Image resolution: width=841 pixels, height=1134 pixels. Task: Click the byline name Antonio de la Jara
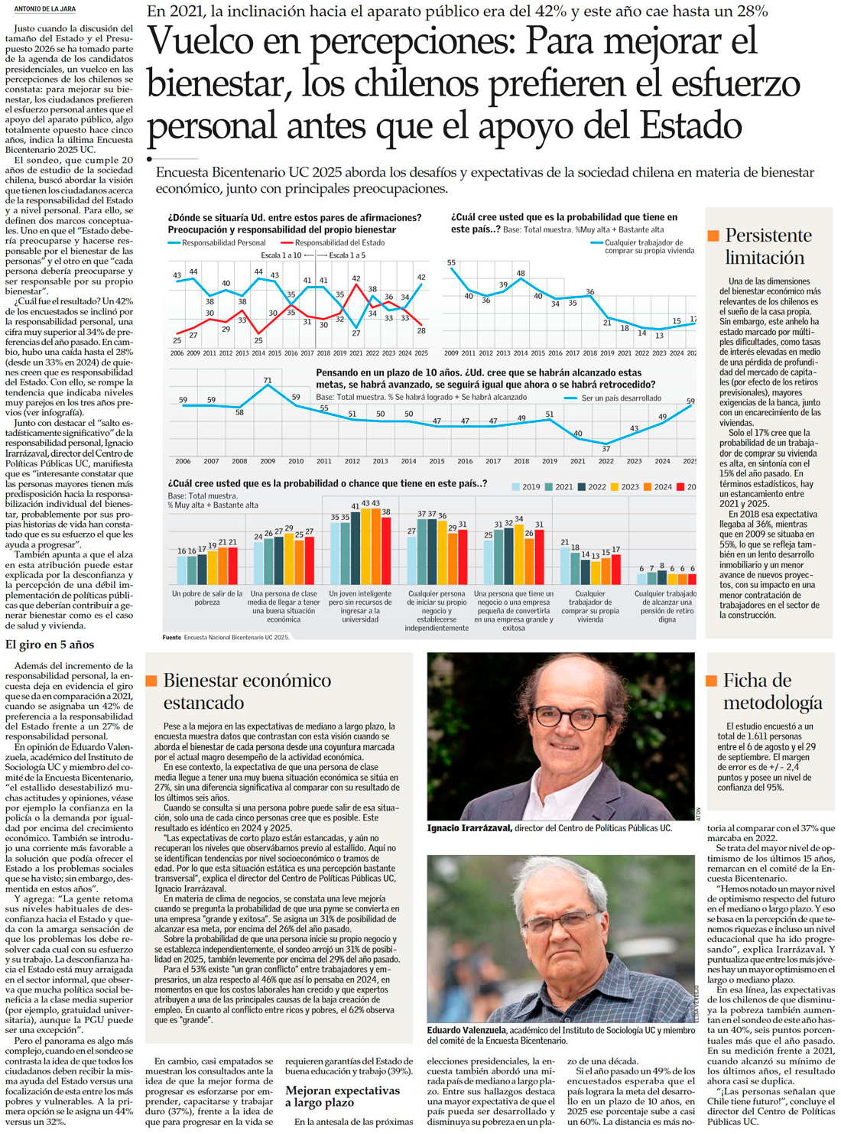point(45,9)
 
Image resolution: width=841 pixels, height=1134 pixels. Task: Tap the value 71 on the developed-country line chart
point(268,380)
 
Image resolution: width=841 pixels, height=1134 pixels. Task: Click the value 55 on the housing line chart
point(452,263)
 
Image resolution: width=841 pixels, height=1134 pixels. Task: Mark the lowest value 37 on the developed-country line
point(606,448)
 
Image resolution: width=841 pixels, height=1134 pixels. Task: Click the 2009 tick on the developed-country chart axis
point(268,462)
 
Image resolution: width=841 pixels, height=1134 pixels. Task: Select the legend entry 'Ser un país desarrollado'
point(621,398)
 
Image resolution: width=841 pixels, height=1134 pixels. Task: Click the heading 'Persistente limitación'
point(768,246)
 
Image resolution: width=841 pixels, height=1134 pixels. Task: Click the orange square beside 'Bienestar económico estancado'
point(151,681)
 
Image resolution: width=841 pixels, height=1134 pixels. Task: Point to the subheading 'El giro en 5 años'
point(50,645)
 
